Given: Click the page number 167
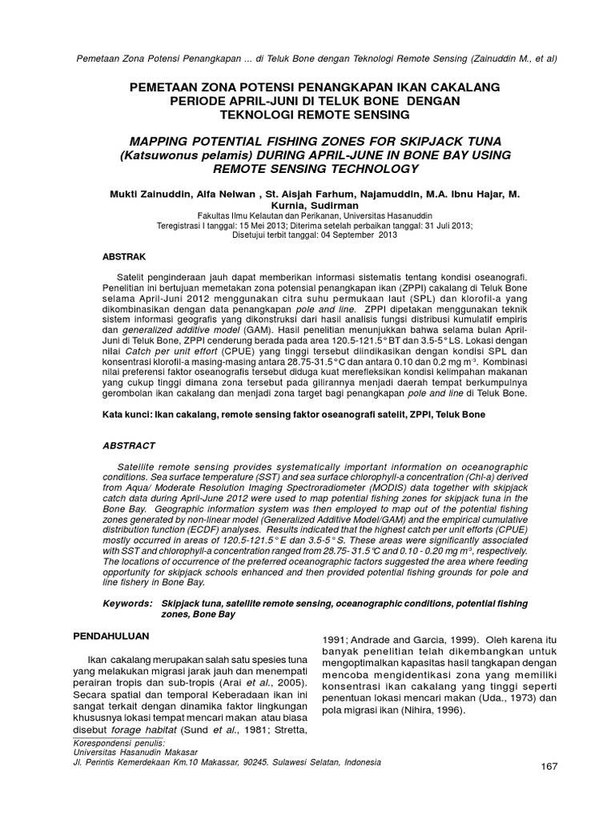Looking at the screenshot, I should (x=548, y=767).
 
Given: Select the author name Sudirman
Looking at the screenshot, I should (x=345, y=205).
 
